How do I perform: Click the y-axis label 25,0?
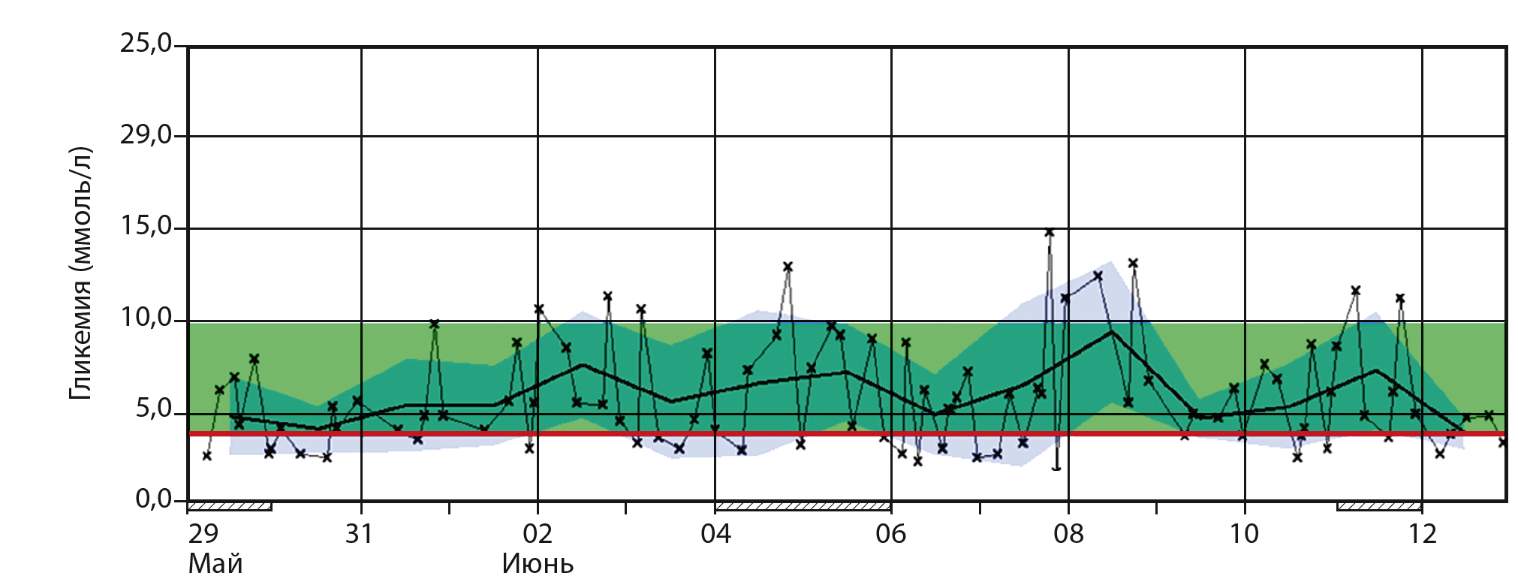click(146, 44)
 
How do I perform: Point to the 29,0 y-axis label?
click(146, 135)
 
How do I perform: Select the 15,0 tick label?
click(146, 226)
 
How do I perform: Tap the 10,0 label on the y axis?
click(146, 318)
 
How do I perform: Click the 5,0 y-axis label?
click(153, 409)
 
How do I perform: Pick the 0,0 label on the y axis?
click(153, 499)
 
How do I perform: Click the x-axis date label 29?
click(203, 534)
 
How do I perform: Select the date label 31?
click(360, 534)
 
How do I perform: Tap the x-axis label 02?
click(537, 534)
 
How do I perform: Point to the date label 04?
click(715, 534)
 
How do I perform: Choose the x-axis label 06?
click(891, 534)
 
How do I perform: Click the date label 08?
click(1068, 534)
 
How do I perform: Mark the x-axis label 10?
click(1244, 534)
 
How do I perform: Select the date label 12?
click(1422, 534)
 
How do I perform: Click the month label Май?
click(215, 563)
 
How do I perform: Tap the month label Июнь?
click(538, 563)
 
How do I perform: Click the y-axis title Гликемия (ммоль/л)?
click(80, 273)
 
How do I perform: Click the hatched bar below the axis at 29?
click(230, 506)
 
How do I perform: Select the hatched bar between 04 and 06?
click(803, 506)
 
